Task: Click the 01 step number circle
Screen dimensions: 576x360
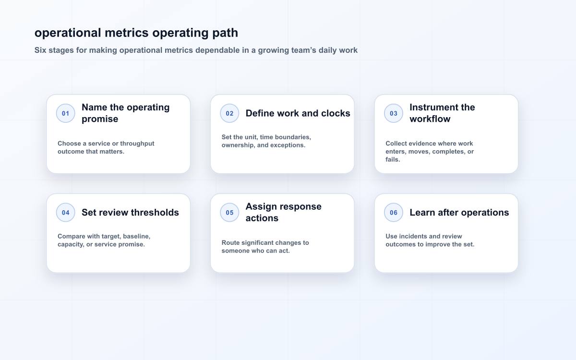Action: tap(66, 113)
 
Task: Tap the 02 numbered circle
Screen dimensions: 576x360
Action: tap(229, 113)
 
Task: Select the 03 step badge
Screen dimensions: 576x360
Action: tap(394, 113)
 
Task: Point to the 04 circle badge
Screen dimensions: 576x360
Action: tap(66, 212)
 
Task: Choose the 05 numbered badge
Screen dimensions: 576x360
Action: tap(229, 212)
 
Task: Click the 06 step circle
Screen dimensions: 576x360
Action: tap(394, 212)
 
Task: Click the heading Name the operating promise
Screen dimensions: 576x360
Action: tap(125, 113)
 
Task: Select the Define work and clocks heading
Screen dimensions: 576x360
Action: tap(298, 113)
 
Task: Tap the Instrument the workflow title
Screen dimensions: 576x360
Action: tap(442, 113)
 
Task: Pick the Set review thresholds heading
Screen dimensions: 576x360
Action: tap(130, 212)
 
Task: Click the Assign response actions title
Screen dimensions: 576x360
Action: tap(283, 212)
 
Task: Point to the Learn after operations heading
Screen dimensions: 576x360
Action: tap(459, 212)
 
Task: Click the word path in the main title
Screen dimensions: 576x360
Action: tap(225, 33)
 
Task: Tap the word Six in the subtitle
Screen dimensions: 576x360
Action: tap(40, 50)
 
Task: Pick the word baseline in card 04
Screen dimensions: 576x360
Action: tap(136, 236)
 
